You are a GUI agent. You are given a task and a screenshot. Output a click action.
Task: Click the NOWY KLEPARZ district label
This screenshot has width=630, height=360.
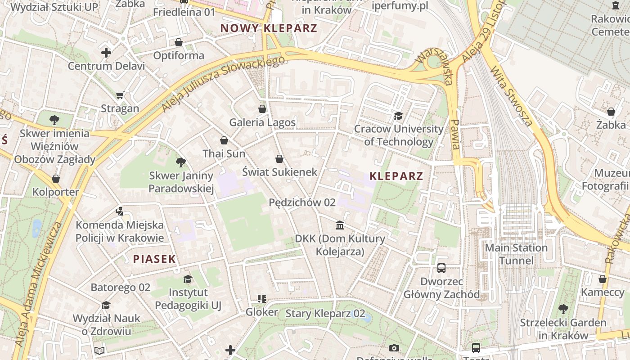click(269, 28)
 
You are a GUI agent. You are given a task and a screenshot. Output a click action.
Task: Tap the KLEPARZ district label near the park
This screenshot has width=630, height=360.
click(396, 176)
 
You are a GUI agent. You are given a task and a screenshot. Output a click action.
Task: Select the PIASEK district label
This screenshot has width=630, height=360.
click(154, 259)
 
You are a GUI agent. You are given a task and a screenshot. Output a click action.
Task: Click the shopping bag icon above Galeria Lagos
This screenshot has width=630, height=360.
click(262, 109)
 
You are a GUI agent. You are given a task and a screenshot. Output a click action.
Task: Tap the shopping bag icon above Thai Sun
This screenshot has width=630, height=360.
click(224, 140)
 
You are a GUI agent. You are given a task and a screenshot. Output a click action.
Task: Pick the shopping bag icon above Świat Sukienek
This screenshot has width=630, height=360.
click(279, 159)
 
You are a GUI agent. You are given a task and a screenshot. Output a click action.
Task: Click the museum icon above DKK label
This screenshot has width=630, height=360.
click(340, 225)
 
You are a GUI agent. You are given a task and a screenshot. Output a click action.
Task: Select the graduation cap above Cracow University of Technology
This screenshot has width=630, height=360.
click(398, 116)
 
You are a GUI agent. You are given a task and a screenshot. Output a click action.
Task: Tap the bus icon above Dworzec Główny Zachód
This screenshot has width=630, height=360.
click(441, 268)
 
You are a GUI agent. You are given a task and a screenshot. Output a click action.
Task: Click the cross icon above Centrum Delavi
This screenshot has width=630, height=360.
click(106, 53)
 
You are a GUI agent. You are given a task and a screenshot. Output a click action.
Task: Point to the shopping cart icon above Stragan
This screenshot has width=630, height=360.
click(120, 95)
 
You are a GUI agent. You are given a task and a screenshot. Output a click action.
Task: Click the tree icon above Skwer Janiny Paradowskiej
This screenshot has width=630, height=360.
click(181, 162)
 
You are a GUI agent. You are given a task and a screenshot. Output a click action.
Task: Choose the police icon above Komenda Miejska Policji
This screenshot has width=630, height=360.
click(119, 211)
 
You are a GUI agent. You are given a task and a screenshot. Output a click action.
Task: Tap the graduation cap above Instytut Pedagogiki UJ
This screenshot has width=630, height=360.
click(188, 279)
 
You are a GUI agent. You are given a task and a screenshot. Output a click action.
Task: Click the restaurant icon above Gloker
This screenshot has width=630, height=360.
click(261, 299)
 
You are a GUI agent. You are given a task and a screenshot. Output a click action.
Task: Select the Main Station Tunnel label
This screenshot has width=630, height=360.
click(516, 254)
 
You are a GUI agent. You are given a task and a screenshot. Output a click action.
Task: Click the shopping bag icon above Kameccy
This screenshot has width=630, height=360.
click(603, 279)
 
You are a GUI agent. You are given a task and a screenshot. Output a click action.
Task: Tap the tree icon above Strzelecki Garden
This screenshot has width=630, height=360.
click(563, 309)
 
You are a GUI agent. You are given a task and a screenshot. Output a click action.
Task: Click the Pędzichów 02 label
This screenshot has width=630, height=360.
click(302, 202)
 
